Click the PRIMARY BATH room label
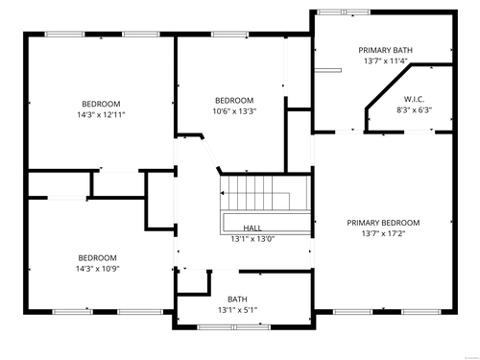[x=385, y=50]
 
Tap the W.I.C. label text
[x=414, y=99]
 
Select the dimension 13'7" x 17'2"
[x=383, y=233]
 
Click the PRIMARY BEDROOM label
[x=383, y=223]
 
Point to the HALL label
[x=252, y=228]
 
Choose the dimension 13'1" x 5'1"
[x=238, y=310]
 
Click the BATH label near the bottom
[x=237, y=300]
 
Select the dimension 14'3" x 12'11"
[x=101, y=114]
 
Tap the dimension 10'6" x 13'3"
[x=234, y=111]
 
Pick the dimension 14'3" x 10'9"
[x=98, y=269]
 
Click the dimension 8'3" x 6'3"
[x=415, y=110]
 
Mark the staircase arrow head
[x=222, y=193]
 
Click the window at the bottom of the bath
[x=233, y=327]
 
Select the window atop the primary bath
[x=344, y=12]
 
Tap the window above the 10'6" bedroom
[x=229, y=35]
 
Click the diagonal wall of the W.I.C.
[x=389, y=86]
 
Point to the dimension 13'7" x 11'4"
[x=385, y=61]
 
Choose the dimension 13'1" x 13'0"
[x=252, y=239]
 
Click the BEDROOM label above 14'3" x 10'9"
[x=98, y=258]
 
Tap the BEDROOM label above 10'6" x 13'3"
[x=234, y=101]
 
